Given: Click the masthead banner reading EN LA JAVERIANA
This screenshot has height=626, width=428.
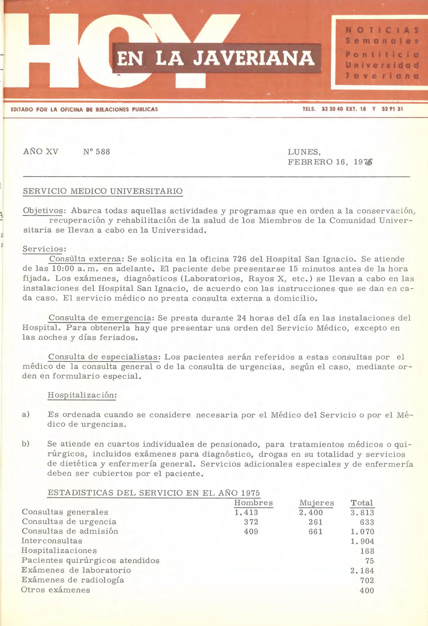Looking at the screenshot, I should point(216,58).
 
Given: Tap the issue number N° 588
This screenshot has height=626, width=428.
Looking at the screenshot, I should point(97,152).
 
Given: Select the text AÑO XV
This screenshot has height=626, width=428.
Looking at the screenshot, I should point(41,151).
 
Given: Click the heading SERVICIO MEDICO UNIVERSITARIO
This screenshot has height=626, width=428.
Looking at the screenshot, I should point(103,191).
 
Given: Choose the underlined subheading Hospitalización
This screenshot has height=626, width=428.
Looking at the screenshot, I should point(82,395).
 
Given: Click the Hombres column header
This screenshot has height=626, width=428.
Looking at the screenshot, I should point(253,503).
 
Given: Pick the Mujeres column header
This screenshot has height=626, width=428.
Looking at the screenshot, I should point(316,503).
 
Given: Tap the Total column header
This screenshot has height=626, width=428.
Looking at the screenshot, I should point(362,503).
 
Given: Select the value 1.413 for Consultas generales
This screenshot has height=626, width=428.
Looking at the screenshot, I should point(246,512).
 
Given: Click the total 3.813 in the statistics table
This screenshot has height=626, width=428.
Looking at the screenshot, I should point(362,512).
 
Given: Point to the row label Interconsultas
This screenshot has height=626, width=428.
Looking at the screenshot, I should point(52,541).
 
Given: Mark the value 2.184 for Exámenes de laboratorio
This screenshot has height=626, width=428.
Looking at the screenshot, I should point(362,571).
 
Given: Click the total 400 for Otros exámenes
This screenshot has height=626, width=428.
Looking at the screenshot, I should point(367,590).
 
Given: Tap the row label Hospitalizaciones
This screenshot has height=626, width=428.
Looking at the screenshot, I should point(59,550).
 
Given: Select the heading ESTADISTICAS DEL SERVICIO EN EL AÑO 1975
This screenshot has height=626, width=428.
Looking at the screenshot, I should point(154,493).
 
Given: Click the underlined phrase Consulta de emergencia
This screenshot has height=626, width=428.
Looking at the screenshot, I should point(99,318).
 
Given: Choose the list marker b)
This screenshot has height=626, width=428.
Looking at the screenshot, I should point(26,444).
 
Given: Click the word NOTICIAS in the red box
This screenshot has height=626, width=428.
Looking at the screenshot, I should point(382,30).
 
